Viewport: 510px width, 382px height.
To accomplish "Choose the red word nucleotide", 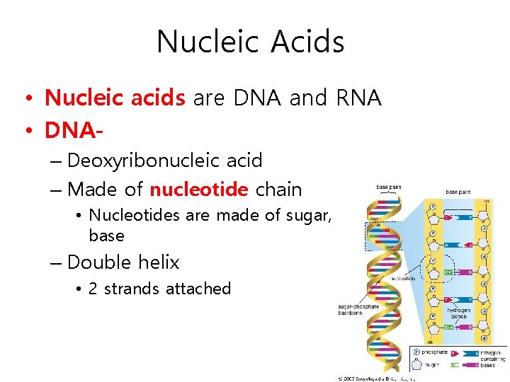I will point(199,190).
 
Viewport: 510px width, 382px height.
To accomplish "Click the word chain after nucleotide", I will point(278,190).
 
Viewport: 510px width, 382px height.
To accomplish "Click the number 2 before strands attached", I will point(93,289).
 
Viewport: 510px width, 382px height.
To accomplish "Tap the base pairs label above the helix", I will point(389,187).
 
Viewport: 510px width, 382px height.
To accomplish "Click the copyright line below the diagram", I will point(375,378).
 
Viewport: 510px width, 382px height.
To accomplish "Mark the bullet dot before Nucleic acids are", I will point(27,98).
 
